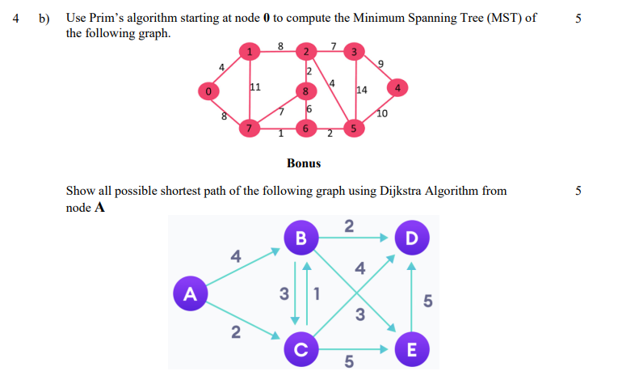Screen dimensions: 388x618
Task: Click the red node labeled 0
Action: click(x=209, y=91)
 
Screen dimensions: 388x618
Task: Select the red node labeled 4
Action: click(x=398, y=86)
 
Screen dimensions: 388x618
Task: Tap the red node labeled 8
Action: click(x=305, y=91)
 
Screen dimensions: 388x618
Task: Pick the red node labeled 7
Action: click(x=250, y=129)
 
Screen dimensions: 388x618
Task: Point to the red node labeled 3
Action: click(x=352, y=53)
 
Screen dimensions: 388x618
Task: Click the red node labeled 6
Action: click(x=305, y=129)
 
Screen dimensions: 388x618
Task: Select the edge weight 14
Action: click(x=362, y=91)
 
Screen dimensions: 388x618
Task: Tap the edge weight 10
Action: click(x=382, y=114)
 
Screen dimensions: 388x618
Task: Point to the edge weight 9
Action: click(x=381, y=63)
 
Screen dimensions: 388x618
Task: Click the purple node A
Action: click(x=190, y=293)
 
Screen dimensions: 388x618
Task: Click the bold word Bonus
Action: click(x=304, y=163)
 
